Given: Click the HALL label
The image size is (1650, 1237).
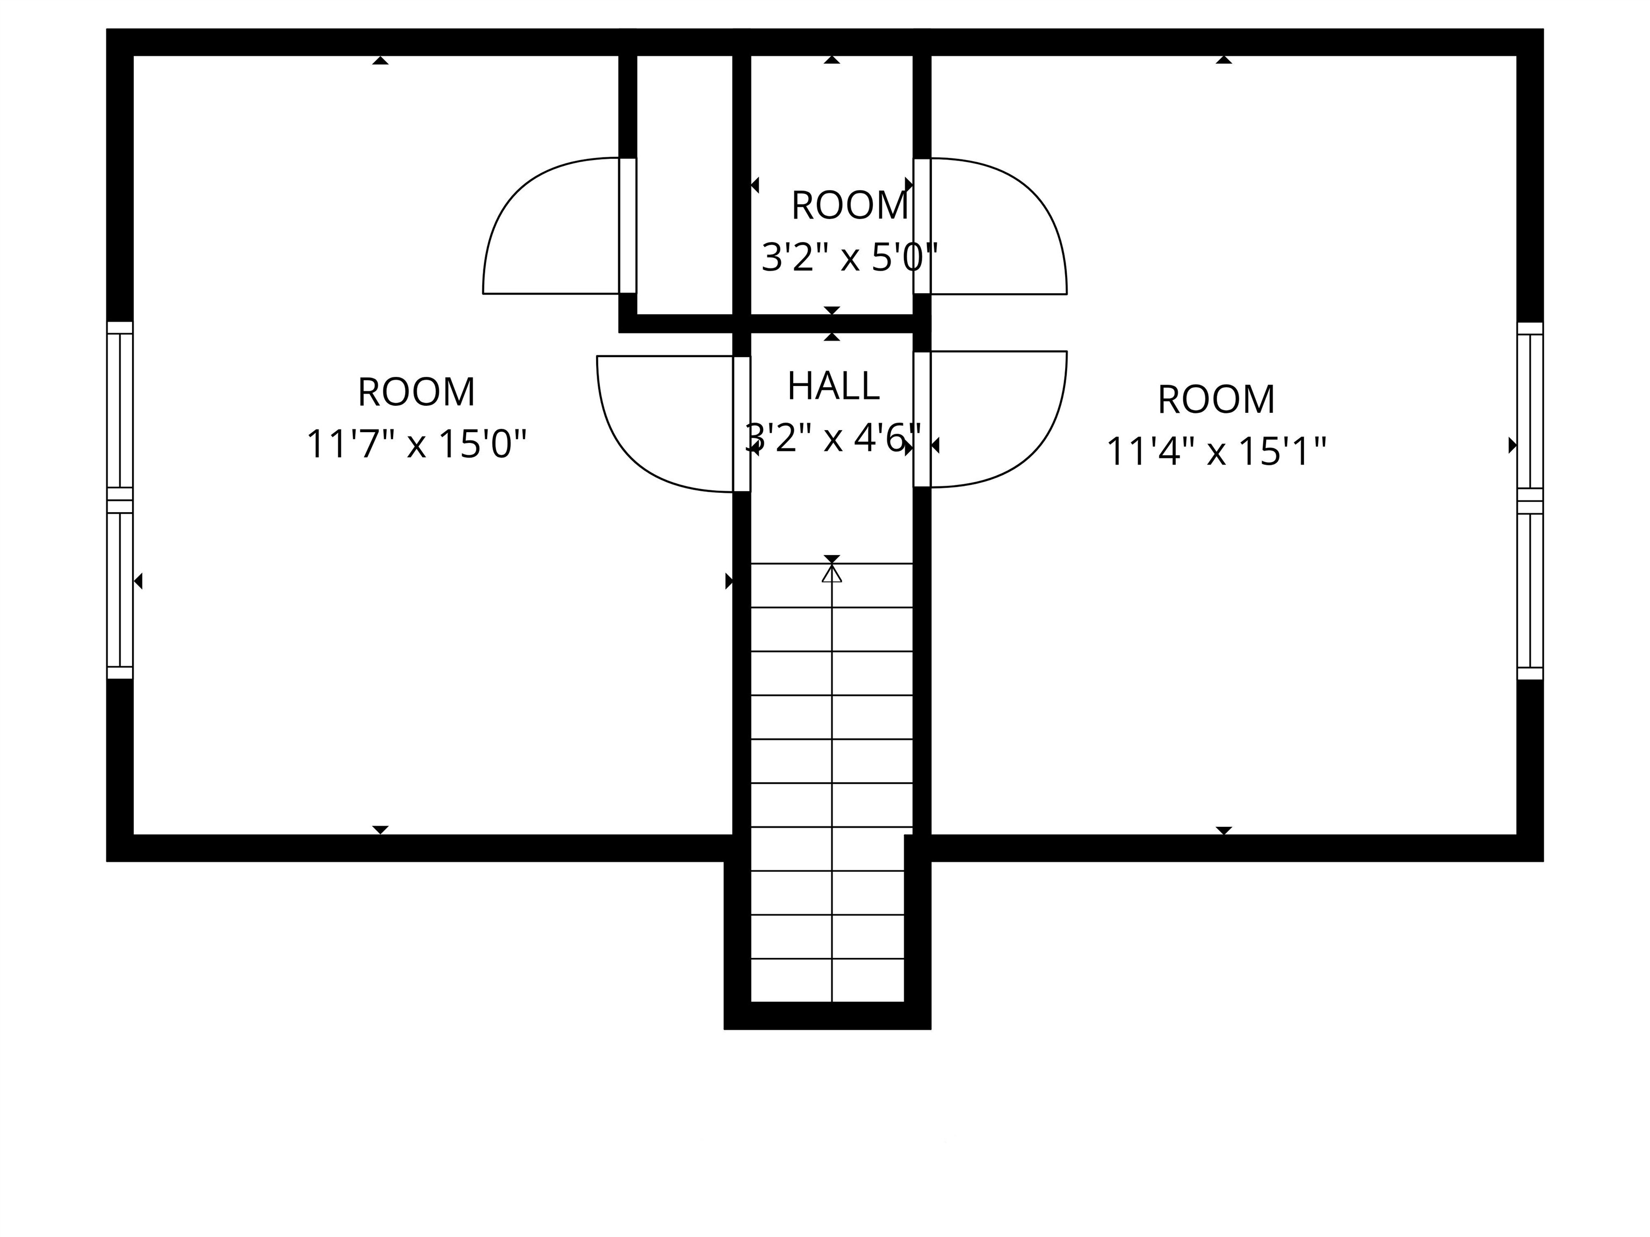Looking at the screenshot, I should click(x=833, y=386).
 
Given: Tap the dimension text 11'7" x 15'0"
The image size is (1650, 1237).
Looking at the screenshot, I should click(x=416, y=445).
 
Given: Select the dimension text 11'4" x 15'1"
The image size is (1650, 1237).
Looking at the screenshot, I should click(x=1216, y=452).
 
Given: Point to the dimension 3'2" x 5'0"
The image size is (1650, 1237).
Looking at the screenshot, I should click(x=849, y=258).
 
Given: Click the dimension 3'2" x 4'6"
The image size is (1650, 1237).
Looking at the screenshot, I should click(x=833, y=438).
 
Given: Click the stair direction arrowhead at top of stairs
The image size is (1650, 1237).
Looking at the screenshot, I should click(x=831, y=573).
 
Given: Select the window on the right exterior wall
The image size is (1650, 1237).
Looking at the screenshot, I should click(x=1529, y=500).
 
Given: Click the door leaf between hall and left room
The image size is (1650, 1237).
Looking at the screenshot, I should click(x=741, y=424).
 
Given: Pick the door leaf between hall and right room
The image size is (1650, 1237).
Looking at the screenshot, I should click(x=922, y=419).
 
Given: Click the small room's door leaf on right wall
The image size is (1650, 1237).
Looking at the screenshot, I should click(x=922, y=226).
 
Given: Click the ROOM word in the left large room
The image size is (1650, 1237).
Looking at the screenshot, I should click(x=416, y=392).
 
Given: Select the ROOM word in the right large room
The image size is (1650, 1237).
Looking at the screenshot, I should click(x=1216, y=399).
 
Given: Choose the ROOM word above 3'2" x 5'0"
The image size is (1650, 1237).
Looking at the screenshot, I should click(x=850, y=206).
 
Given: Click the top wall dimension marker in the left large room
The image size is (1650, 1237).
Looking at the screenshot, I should click(x=380, y=60).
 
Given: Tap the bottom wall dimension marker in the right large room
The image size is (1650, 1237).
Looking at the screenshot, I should click(x=1224, y=830).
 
